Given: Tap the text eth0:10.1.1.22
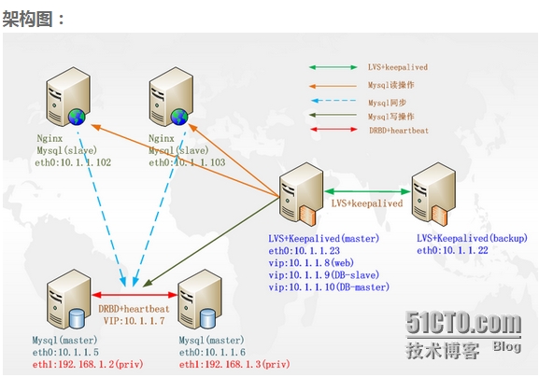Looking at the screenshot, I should [x=454, y=250].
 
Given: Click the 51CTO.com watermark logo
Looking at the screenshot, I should [x=463, y=324].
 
